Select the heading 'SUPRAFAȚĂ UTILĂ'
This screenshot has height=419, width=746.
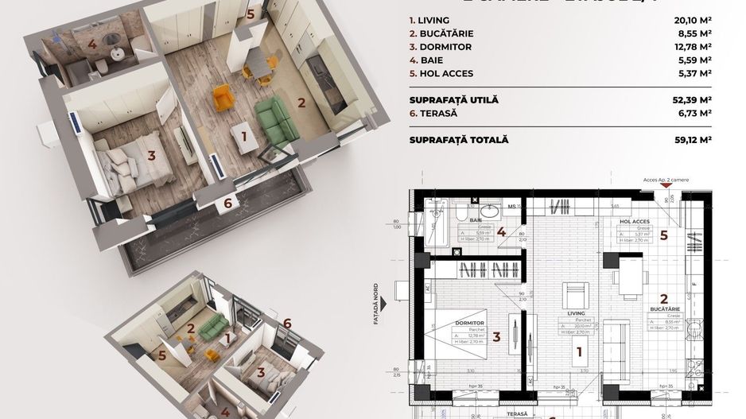(453, 99)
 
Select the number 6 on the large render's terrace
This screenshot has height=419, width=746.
(227, 204)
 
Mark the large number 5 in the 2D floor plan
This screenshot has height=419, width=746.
(662, 235)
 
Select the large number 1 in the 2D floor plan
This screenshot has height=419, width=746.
(579, 351)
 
